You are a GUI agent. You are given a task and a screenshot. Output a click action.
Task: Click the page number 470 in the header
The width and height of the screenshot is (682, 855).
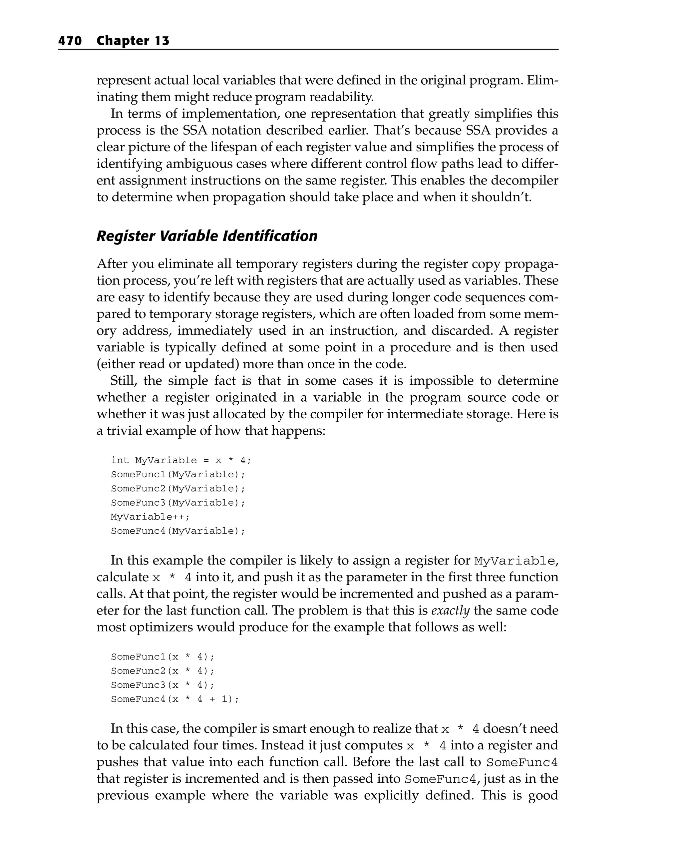[x=70, y=41]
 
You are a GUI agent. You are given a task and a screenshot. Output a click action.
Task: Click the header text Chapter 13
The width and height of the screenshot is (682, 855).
[x=133, y=41]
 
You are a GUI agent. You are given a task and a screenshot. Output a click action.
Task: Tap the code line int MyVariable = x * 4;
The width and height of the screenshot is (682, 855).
[x=181, y=460]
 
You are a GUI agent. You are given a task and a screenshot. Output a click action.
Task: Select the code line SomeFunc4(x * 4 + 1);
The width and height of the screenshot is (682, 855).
[x=175, y=699]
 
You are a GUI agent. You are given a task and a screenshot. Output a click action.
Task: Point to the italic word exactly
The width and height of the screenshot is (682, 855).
[x=450, y=610]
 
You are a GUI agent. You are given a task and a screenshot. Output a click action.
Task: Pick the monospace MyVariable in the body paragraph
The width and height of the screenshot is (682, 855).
[x=514, y=561]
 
